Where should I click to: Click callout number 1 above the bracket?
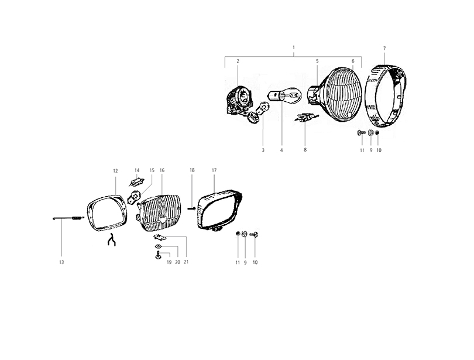(294, 47)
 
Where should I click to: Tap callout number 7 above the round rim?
(384, 49)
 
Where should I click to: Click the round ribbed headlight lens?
(342, 94)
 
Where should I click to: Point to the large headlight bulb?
(285, 95)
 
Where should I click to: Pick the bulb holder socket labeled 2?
(239, 100)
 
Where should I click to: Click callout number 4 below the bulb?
(281, 150)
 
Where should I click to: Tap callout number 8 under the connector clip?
(305, 150)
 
